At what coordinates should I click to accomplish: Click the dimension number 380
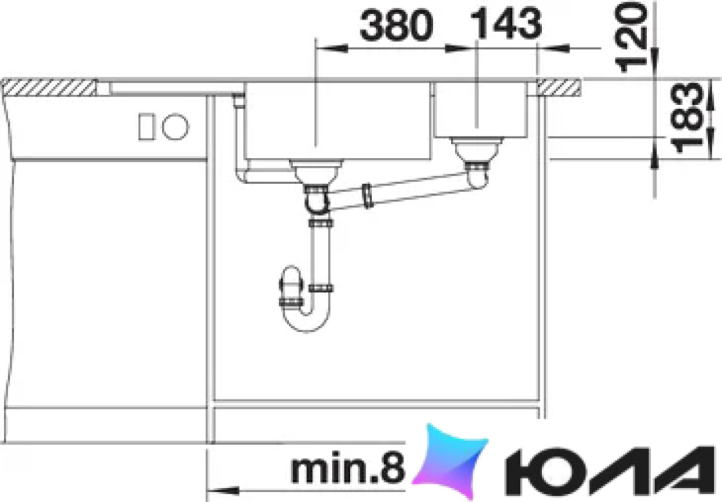tap(396, 26)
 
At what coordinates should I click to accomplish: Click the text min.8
tap(348, 469)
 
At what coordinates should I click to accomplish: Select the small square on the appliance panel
tap(146, 126)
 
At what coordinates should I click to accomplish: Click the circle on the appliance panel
tap(175, 126)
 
